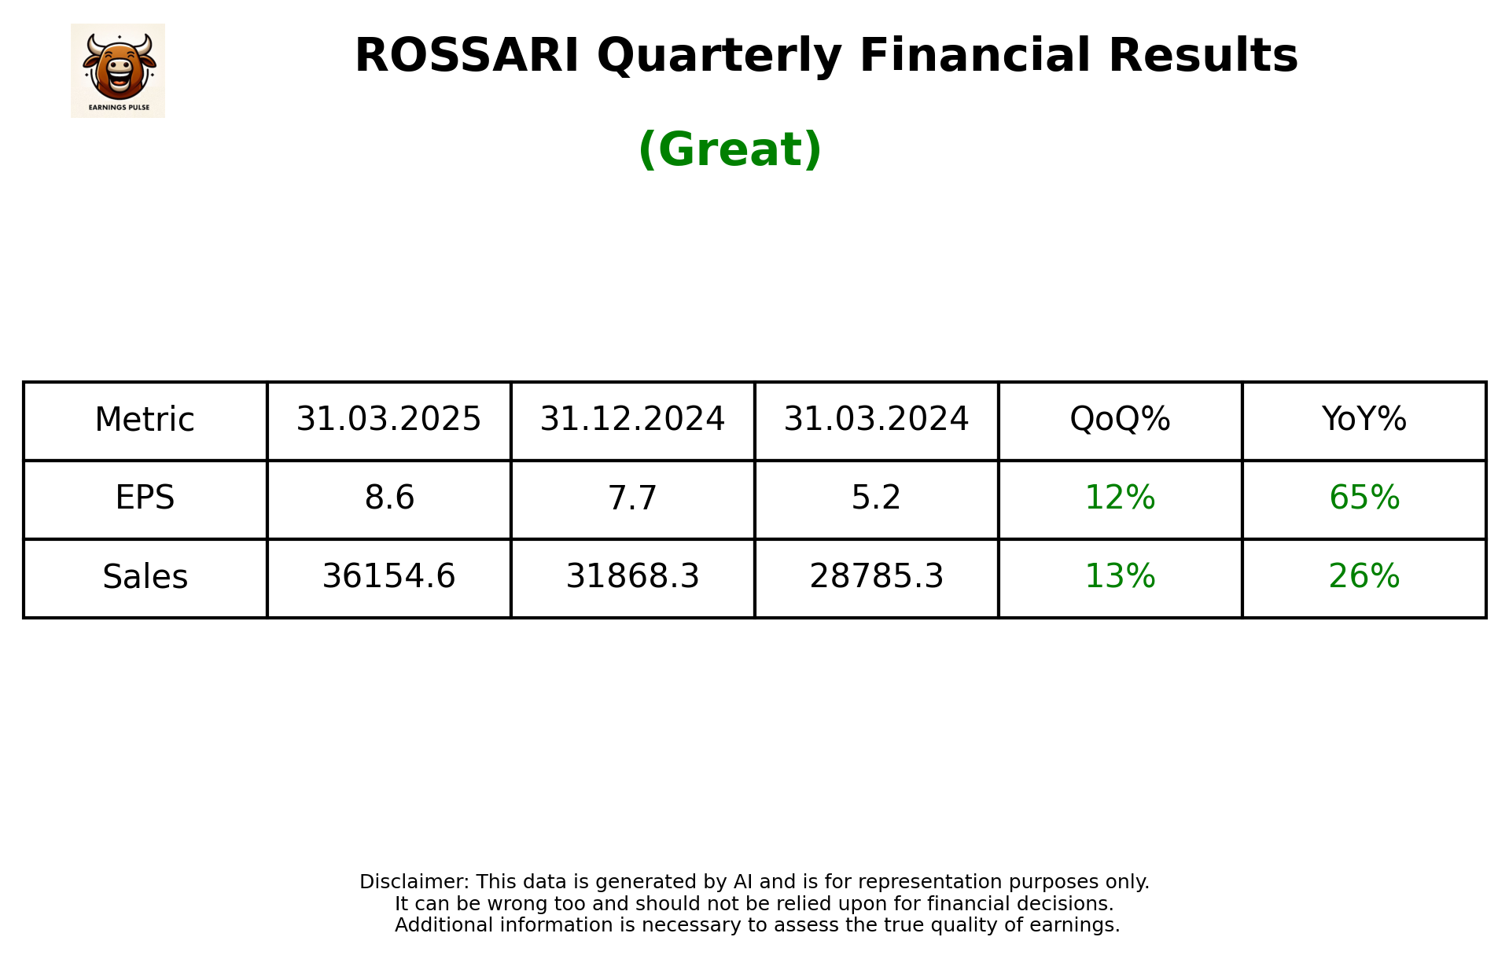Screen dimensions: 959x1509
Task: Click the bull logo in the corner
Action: click(x=118, y=70)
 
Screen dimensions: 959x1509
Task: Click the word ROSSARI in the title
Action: click(x=466, y=56)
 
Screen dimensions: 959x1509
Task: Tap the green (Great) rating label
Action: click(x=730, y=149)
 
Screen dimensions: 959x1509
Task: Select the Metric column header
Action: click(x=145, y=420)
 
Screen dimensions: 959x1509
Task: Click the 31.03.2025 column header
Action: click(x=388, y=420)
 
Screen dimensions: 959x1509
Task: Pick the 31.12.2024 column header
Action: click(x=632, y=420)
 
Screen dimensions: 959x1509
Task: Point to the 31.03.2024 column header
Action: click(x=876, y=420)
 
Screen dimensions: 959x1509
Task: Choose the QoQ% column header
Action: click(x=1120, y=420)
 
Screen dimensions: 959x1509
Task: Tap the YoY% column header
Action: click(x=1364, y=420)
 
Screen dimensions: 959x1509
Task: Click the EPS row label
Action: click(x=145, y=498)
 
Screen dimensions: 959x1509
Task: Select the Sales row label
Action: click(x=145, y=577)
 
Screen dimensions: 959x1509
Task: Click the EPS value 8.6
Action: click(x=388, y=498)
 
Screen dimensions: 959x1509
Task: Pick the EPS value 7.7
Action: click(x=632, y=498)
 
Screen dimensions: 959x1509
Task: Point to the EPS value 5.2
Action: click(x=876, y=498)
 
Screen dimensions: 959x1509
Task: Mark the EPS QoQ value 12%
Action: click(x=1120, y=498)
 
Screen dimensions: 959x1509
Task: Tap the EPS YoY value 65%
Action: click(x=1364, y=498)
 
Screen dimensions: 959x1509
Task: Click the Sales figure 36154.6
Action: click(x=388, y=577)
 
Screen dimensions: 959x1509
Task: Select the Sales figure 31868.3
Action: click(x=632, y=577)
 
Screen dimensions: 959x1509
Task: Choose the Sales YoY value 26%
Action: click(x=1364, y=577)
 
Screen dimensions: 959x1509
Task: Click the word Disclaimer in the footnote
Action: click(x=414, y=882)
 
